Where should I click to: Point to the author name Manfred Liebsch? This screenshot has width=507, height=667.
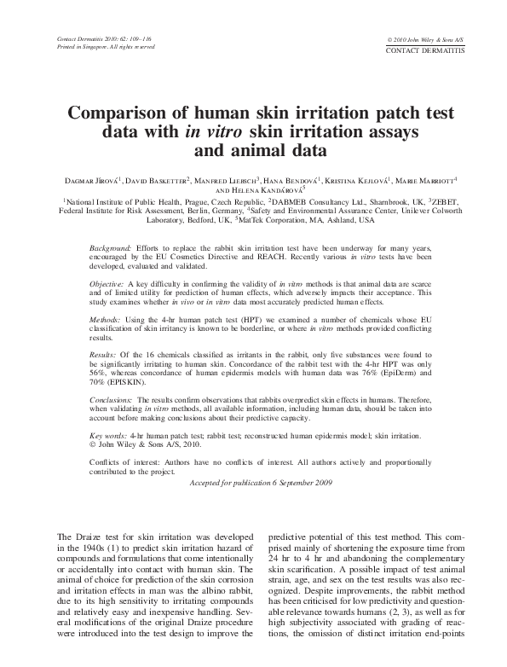[x=226, y=180]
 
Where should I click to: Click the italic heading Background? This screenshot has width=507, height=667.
[x=110, y=246]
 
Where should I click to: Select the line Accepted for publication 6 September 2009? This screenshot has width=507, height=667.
[x=252, y=482]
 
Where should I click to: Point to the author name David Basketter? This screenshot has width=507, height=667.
[x=158, y=180]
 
